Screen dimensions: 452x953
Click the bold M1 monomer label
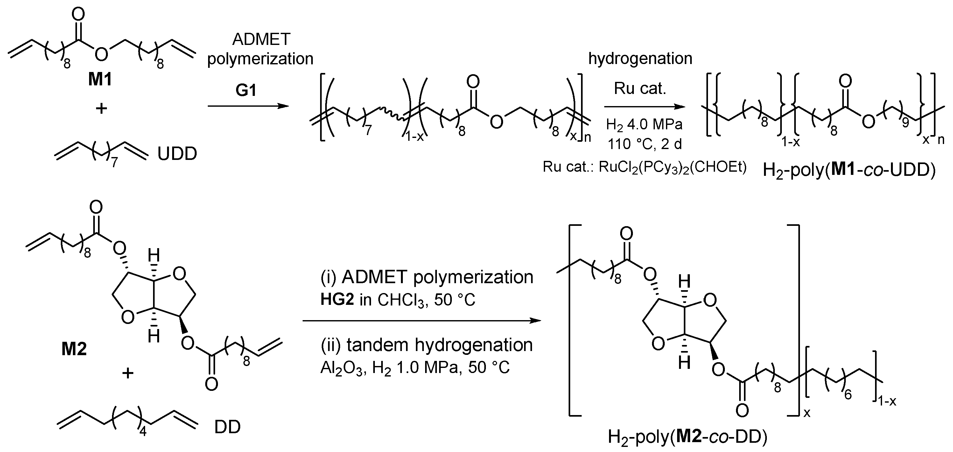(100, 79)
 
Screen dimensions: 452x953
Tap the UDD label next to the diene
(177, 154)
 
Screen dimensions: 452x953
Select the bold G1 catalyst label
(246, 90)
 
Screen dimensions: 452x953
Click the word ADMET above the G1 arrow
(261, 39)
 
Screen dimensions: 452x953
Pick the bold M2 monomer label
(74, 349)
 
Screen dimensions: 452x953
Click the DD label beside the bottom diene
(227, 427)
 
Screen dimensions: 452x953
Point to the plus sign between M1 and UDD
(101, 109)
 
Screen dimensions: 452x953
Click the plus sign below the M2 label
(128, 373)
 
